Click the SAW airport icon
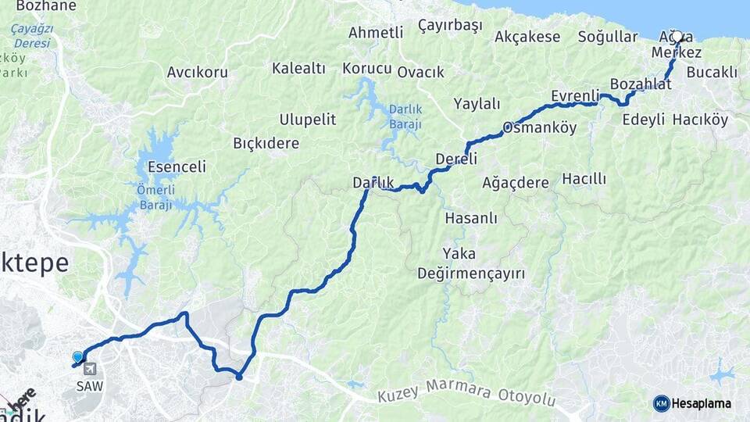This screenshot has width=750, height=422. [89, 369]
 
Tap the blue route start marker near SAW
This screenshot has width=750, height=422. [77, 357]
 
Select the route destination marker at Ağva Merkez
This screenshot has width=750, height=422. [677, 37]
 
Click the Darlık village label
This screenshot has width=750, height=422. [373, 183]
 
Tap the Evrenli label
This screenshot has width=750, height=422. [574, 95]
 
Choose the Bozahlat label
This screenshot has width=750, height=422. [641, 84]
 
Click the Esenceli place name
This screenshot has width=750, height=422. [177, 166]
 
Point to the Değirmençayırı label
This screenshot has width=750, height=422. [470, 274]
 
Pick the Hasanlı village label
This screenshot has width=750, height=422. [470, 218]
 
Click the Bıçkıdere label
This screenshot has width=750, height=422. [266, 144]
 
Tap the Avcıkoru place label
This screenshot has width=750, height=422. [197, 73]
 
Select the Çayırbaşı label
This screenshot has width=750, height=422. [450, 26]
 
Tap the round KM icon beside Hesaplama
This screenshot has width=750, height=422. [662, 403]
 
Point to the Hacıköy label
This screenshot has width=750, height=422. [700, 120]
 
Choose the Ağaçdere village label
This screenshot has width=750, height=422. [516, 182]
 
